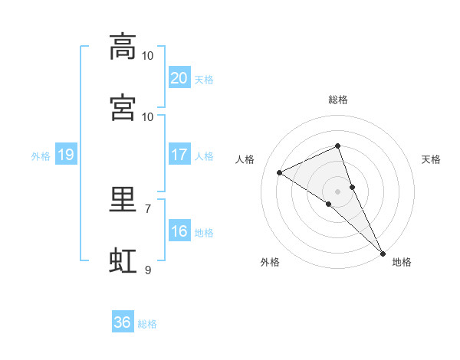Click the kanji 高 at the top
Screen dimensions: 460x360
[123, 47]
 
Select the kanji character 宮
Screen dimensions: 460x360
[123, 107]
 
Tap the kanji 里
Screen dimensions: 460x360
[123, 199]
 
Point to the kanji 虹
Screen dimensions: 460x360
[123, 260]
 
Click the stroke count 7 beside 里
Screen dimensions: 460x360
[148, 209]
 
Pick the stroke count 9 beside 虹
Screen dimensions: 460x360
[148, 270]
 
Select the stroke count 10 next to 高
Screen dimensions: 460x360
[147, 56]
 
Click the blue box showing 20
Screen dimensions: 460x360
[179, 77]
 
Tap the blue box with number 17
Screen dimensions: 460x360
[179, 154]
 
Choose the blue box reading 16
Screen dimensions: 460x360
[179, 230]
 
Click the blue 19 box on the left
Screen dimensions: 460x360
[66, 154]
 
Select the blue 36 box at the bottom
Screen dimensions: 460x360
[123, 321]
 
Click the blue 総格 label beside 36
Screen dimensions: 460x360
[147, 324]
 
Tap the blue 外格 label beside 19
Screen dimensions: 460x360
[41, 156]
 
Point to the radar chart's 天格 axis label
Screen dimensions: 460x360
[431, 159]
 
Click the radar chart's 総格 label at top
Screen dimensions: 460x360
[338, 100]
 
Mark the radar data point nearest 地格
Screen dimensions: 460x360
[383, 254]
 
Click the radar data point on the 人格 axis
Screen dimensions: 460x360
[279, 172]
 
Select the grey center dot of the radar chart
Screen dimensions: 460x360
[337, 192]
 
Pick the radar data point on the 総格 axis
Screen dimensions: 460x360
[337, 146]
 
